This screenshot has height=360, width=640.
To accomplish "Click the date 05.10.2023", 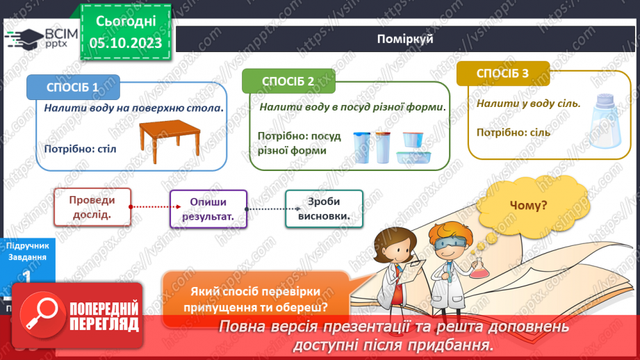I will (x=126, y=43).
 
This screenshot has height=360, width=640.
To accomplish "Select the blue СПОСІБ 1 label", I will (x=73, y=88).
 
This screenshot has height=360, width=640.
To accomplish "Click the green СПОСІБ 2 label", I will (x=288, y=81).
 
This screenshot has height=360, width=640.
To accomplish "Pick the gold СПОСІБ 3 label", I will (x=502, y=73).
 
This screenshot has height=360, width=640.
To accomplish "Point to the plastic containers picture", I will (x=391, y=147).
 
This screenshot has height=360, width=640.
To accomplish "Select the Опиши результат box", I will (x=208, y=209).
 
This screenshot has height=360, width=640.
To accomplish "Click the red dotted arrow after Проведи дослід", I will (x=150, y=207).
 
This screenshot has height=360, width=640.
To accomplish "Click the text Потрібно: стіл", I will (x=81, y=149).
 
